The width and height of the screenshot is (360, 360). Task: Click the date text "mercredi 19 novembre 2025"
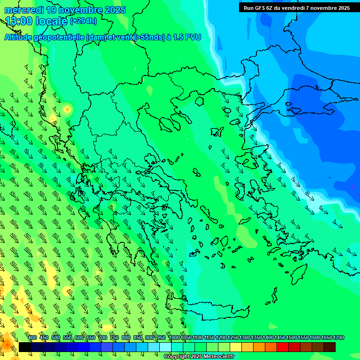(65, 10)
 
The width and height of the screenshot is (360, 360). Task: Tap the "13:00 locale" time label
(37, 21)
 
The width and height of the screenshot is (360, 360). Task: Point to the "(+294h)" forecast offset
(83, 21)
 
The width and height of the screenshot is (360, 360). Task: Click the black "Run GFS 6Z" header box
(297, 8)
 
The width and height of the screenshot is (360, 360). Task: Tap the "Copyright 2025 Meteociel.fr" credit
(199, 357)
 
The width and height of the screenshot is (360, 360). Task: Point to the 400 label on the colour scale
(32, 337)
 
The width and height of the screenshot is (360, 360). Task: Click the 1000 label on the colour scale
(174, 337)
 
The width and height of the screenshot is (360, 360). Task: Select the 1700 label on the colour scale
(338, 337)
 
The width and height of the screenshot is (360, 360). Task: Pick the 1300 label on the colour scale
(244, 337)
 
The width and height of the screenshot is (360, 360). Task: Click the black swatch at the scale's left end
(24, 347)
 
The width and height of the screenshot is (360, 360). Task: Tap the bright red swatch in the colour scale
(282, 347)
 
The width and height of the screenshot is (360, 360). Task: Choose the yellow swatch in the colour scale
(235, 347)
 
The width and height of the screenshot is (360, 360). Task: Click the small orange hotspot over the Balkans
(67, 109)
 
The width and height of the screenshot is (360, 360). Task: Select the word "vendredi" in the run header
(290, 8)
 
